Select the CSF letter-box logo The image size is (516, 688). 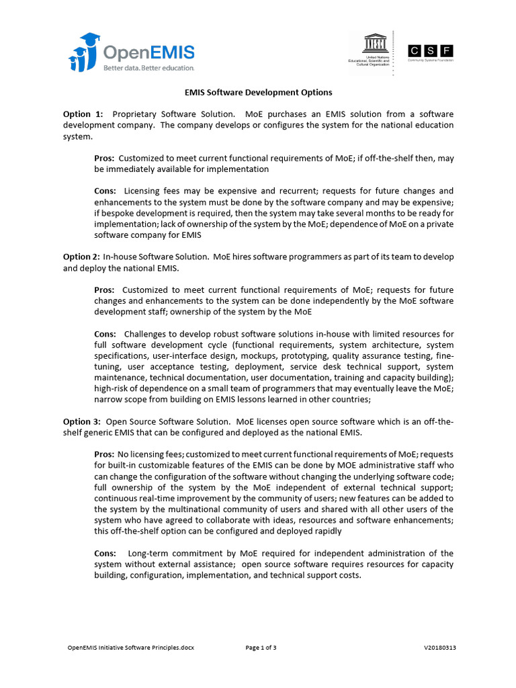tap(430, 50)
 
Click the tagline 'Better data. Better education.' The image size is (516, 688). tap(148, 68)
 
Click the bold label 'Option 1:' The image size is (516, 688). tap(83, 114)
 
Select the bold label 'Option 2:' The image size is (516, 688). tap(81, 257)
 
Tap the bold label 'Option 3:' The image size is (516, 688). tap(82, 421)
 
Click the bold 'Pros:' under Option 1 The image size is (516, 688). tap(104, 158)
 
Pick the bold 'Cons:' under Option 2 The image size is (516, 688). tap(105, 333)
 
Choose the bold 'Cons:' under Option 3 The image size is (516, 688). tap(105, 553)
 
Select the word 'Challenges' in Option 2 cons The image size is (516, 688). tap(146, 333)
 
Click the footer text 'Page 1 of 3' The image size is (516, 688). tap(261, 648)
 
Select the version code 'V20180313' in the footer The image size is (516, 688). tap(440, 648)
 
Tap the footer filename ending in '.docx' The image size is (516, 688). tap(131, 648)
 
